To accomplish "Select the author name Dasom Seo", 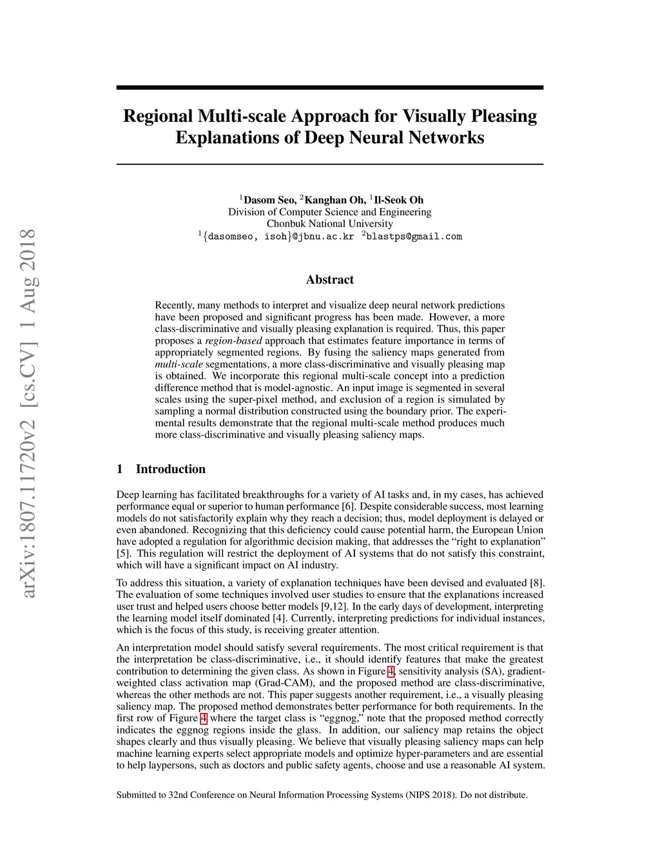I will pos(269,200).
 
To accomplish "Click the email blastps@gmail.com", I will pos(414,237).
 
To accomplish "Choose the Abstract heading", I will pos(329,280).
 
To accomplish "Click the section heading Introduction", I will pos(170,469).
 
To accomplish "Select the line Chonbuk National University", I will pos(329,224).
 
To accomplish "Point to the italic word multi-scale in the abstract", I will pos(179,364).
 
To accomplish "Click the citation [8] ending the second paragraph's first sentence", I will pos(536,583).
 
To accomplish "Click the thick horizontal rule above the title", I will pos(329,88).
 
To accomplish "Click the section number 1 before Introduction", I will pos(119,469).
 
